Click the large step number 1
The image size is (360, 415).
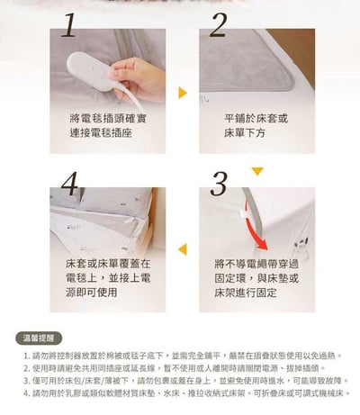click(69, 27)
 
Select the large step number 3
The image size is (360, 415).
click(218, 182)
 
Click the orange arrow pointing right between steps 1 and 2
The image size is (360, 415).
click(182, 93)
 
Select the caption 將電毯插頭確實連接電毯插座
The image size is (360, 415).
click(101, 126)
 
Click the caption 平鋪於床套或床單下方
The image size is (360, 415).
click(256, 126)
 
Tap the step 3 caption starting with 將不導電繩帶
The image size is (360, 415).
click(256, 280)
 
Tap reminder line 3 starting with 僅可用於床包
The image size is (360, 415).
click(184, 381)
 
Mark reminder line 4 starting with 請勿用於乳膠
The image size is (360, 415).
click(184, 393)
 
